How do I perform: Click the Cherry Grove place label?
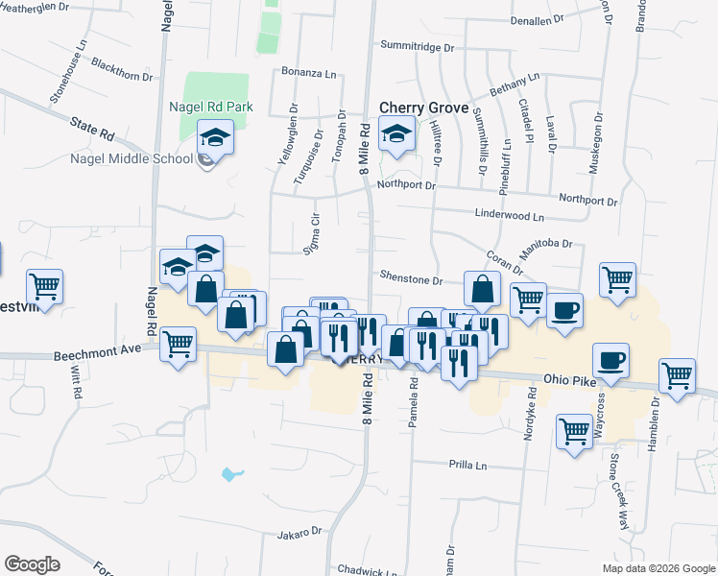point(424,108)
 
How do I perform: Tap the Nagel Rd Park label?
point(210,107)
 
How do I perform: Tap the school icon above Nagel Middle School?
point(215,140)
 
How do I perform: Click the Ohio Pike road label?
point(571,379)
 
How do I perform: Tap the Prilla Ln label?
point(468,465)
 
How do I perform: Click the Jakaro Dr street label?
point(299,532)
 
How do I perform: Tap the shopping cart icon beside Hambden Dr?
point(678,376)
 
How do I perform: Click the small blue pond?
point(230,473)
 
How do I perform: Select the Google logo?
point(32,564)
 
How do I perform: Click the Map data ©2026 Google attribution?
point(658,568)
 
